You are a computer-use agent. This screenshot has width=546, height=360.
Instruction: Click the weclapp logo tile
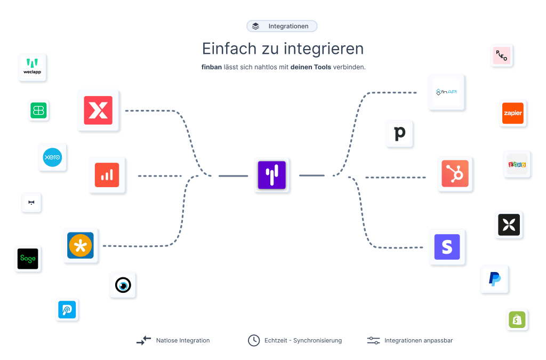33,67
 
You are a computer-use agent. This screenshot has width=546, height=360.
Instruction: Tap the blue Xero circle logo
52,157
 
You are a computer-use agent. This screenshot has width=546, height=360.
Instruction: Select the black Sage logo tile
28,259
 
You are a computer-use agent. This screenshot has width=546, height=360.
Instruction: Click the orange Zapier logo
512,113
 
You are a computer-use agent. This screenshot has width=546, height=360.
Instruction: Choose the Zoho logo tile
517,164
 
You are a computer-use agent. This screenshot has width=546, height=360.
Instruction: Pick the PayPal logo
494,279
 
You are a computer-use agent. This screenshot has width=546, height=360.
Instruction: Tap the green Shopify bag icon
517,319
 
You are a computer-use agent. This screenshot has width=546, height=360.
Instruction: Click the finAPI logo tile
446,92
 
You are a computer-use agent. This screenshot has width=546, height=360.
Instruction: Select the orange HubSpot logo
455,173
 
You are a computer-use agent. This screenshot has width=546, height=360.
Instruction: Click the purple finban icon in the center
271,175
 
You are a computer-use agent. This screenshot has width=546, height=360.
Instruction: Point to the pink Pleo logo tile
501,55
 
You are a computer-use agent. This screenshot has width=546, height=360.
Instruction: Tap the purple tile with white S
447,247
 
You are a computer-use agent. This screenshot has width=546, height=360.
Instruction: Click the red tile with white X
98,110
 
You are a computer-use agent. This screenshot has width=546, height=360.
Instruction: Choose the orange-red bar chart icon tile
107,175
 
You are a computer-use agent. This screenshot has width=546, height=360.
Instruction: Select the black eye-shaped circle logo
123,285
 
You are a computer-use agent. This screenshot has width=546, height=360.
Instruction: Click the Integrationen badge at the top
282,26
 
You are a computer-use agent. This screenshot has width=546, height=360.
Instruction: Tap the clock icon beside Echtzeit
254,340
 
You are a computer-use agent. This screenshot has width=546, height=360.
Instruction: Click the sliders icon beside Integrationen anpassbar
373,340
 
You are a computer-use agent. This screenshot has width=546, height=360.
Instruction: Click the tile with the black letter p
400,133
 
